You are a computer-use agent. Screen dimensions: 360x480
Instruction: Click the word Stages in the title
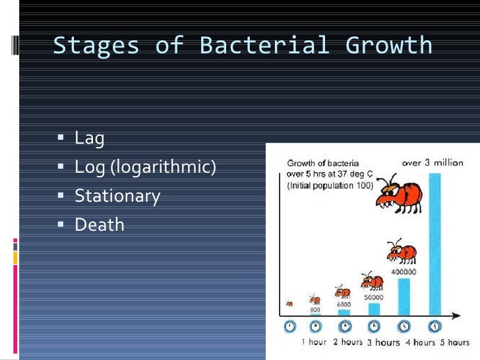[96, 45]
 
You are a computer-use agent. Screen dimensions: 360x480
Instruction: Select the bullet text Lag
[90, 138]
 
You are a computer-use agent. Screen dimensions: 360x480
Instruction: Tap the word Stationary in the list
[117, 196]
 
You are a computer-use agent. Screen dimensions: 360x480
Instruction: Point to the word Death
[100, 224]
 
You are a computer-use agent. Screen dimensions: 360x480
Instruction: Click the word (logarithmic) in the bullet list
[163, 167]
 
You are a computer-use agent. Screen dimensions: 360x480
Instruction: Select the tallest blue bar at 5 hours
[435, 244]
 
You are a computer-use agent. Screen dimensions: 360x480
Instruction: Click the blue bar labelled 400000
[404, 297]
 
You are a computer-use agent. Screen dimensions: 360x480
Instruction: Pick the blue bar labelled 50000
[374, 309]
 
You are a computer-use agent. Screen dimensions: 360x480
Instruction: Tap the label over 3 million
[433, 162]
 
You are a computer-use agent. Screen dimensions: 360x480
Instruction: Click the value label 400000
[404, 271]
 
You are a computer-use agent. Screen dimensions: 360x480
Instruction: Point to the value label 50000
[374, 298]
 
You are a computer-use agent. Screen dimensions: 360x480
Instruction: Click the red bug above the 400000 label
[401, 252]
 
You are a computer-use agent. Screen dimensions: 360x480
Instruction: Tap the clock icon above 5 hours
[435, 326]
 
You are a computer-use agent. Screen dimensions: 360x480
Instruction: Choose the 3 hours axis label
[383, 342]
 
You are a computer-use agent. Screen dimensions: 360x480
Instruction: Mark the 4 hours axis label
[415, 342]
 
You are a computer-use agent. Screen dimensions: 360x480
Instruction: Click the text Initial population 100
[330, 187]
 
